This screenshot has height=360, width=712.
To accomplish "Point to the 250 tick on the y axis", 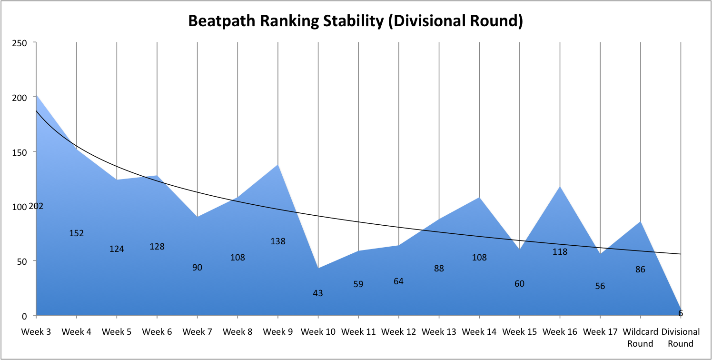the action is (x=20, y=43).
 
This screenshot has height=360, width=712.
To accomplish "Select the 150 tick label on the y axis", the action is (x=20, y=153).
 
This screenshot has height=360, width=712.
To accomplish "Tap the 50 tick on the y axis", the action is (x=22, y=262).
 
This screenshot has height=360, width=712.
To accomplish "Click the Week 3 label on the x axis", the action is (x=36, y=332).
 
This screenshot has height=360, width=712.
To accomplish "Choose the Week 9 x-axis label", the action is (x=278, y=332).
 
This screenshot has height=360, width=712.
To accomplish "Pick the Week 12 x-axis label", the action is (x=398, y=332).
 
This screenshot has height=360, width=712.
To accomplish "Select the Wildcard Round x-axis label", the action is (x=640, y=338).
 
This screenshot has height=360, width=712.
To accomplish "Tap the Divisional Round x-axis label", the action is (x=681, y=338).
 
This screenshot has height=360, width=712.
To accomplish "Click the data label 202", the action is (x=36, y=206).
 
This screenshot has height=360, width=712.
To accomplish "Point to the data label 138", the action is (x=278, y=241).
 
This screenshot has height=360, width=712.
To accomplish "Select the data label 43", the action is (x=318, y=293).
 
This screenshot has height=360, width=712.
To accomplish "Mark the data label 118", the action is (x=560, y=252).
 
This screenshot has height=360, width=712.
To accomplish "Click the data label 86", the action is (x=640, y=270).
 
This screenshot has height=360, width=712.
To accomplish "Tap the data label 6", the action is (x=681, y=313).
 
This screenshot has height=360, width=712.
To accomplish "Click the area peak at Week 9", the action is (x=278, y=165).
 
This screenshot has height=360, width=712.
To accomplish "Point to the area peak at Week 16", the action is (x=560, y=187).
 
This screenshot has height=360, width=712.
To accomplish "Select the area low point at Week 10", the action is (x=318, y=268).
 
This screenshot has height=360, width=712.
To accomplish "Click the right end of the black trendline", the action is (x=681, y=254).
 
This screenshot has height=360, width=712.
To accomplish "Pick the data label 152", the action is (x=76, y=233).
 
